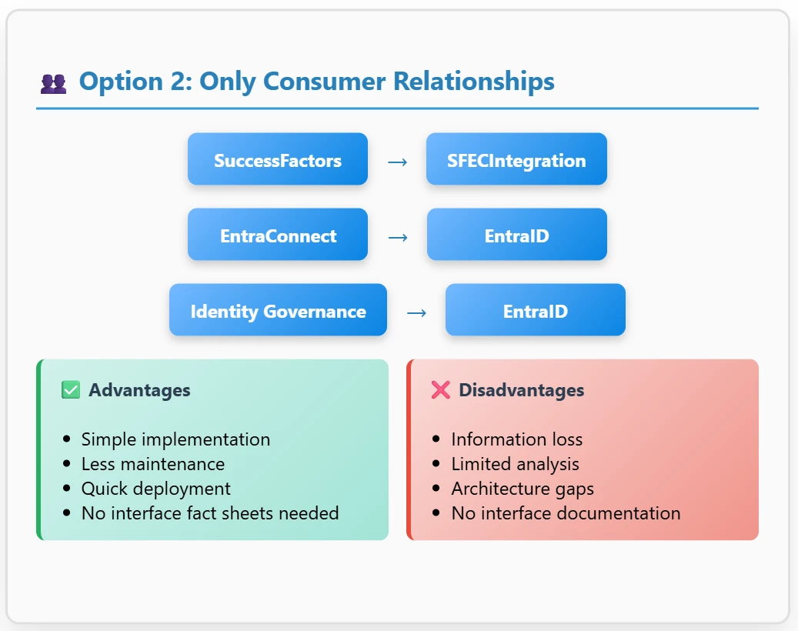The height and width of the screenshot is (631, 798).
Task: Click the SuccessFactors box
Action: [277, 159]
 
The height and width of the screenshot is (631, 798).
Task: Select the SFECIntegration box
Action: [516, 159]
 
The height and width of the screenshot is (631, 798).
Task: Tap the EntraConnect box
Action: [277, 234]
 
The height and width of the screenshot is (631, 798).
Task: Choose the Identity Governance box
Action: [278, 309]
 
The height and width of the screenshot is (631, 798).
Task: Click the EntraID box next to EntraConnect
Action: [516, 234]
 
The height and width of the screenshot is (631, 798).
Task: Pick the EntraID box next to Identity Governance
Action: [536, 309]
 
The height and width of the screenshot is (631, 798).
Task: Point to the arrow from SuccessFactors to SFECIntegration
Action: [398, 162]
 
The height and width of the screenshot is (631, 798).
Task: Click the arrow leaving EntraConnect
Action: [398, 238]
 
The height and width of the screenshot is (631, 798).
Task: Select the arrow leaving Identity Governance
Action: [417, 313]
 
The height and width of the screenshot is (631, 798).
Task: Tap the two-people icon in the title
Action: [53, 84]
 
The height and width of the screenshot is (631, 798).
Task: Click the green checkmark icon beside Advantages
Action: [71, 390]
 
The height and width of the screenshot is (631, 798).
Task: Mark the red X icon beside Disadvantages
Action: [441, 390]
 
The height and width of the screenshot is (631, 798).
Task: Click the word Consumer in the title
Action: [324, 82]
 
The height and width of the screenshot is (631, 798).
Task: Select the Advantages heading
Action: [139, 390]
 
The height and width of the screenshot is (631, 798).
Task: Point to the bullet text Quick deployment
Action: [155, 489]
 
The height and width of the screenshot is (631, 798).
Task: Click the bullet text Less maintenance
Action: [153, 464]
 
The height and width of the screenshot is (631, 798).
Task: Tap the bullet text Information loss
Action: [517, 439]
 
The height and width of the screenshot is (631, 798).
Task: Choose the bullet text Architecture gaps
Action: [523, 489]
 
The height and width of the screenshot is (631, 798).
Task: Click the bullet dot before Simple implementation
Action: [66, 439]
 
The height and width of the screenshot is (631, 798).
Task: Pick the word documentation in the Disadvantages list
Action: [609, 513]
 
